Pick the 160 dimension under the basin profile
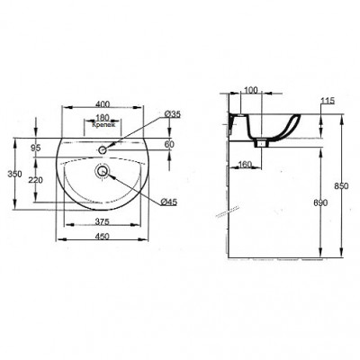click(x=245, y=164)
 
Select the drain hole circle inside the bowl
click(x=102, y=168)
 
